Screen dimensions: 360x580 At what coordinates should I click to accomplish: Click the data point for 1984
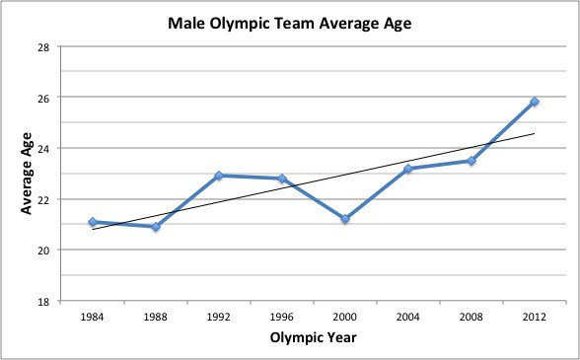(93, 222)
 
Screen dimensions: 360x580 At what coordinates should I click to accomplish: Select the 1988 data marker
(156, 227)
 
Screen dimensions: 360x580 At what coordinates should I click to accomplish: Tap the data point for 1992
(219, 176)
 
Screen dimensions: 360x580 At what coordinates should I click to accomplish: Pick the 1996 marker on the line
(282, 179)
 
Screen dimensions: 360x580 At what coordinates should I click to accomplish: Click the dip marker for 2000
(345, 219)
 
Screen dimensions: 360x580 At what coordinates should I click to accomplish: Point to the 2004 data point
(408, 169)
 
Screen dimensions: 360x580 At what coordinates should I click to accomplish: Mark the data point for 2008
(471, 161)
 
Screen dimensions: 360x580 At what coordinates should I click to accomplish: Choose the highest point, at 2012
(535, 102)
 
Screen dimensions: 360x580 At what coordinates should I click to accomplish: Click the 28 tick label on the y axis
(45, 47)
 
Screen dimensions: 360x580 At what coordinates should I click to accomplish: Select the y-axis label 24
(45, 149)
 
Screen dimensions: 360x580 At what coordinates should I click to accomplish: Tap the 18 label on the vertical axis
(45, 302)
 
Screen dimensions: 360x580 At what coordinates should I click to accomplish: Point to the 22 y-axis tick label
(45, 200)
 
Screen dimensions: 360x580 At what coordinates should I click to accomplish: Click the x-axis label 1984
(93, 317)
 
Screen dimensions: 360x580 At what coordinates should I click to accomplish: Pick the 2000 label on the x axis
(345, 317)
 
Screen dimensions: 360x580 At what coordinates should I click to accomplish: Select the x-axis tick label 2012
(535, 317)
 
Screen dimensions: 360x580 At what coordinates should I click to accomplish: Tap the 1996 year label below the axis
(282, 317)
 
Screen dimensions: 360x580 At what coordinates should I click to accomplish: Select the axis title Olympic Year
(314, 337)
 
